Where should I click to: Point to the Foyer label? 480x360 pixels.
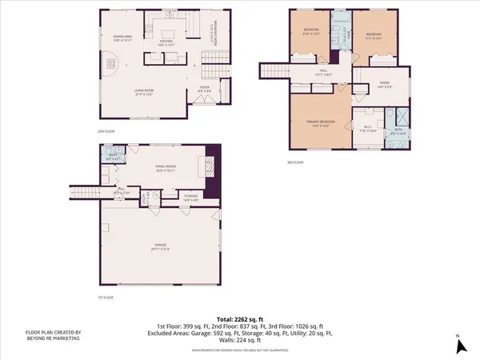click(204, 89)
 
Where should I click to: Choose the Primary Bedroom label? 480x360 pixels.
click(319, 123)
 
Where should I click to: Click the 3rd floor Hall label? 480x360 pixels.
click(323, 74)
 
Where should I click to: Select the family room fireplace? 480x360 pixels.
click(211, 168)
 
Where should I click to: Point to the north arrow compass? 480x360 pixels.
click(460, 346)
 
